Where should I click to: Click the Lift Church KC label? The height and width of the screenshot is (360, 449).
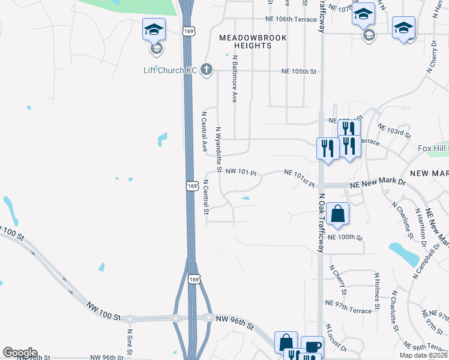click(x=170, y=70)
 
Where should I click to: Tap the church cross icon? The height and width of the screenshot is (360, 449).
click(x=206, y=70)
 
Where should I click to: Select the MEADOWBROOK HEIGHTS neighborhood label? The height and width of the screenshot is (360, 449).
click(x=253, y=41)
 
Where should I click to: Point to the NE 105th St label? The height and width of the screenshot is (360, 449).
click(x=298, y=71)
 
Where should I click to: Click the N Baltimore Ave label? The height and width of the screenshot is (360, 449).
click(x=234, y=79)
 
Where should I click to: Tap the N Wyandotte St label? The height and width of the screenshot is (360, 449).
click(x=219, y=150)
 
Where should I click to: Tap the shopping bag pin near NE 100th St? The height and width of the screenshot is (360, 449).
click(x=338, y=213)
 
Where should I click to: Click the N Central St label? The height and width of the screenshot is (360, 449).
click(x=206, y=197)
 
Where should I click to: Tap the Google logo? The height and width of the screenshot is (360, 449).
click(x=20, y=353)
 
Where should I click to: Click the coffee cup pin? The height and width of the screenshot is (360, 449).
click(x=312, y=346)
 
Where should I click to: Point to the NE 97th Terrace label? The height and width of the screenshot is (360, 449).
click(x=348, y=303)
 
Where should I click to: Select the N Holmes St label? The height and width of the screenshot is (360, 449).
click(x=377, y=291)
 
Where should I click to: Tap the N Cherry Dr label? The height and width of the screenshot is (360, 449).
click(x=430, y=56)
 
